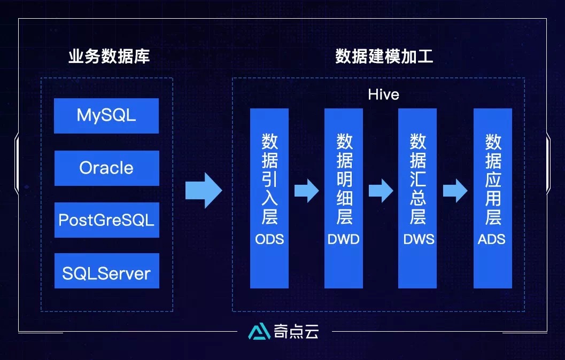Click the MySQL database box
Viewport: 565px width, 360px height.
(106, 115)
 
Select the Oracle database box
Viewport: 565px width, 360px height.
(106, 168)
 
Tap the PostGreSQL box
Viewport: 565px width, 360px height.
(106, 220)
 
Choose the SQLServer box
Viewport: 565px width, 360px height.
(106, 273)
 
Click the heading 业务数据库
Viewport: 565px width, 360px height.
(109, 57)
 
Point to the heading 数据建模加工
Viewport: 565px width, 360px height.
(384, 57)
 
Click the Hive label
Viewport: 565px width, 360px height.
(383, 95)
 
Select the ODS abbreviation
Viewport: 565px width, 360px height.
(269, 239)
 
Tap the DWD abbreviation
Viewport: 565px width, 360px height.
(344, 239)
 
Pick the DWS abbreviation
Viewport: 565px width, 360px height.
(419, 239)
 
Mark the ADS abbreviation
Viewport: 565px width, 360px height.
(492, 239)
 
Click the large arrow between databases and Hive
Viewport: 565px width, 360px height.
(204, 190)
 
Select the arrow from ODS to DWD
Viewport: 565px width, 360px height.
(306, 190)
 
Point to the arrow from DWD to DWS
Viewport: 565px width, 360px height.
(381, 190)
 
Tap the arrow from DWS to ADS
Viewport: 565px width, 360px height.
(455, 190)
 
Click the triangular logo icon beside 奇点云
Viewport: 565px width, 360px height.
(259, 332)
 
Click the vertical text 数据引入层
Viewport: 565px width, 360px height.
(269, 179)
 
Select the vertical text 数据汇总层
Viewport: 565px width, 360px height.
(418, 179)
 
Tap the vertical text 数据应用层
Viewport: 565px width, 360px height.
(493, 179)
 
